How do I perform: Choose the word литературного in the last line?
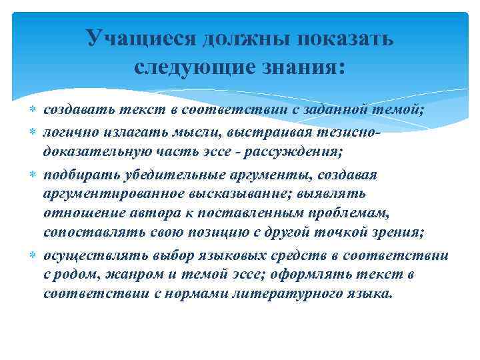(276, 294)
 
